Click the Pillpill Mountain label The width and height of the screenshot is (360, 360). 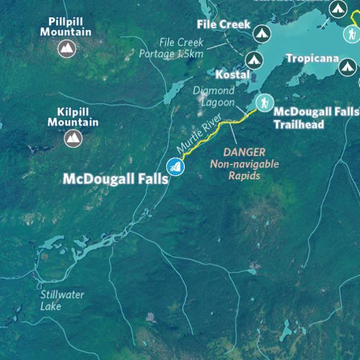tap(65, 26)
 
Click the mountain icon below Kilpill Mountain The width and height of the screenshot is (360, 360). tap(73, 139)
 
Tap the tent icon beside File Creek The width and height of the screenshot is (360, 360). tap(261, 33)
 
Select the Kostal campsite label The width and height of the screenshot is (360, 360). tap(231, 75)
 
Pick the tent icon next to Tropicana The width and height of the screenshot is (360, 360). tap(346, 67)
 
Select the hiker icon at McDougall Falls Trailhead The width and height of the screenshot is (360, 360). tap(262, 103)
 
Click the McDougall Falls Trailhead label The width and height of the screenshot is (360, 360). tap(316, 118)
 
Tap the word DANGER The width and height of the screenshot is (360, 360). tap(244, 152)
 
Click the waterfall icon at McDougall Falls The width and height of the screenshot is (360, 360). tap(175, 166)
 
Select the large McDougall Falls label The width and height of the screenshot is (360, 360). tap(115, 179)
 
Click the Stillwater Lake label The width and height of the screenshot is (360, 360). tap(62, 300)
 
